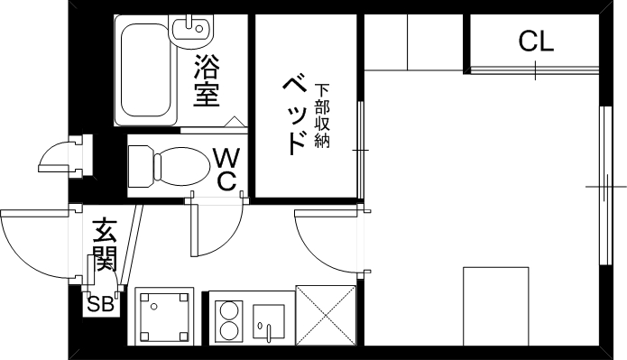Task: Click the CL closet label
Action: tap(536, 41)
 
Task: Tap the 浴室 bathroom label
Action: tap(207, 80)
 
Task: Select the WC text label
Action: tap(226, 169)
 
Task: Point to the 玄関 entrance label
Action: tap(105, 244)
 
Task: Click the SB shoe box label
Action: tap(99, 303)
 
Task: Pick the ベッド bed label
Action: tap(293, 115)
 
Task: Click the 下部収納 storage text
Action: tap(322, 115)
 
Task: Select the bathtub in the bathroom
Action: tap(144, 71)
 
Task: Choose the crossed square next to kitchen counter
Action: tap(327, 315)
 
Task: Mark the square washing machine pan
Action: tap(165, 317)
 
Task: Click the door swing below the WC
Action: tap(217, 230)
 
